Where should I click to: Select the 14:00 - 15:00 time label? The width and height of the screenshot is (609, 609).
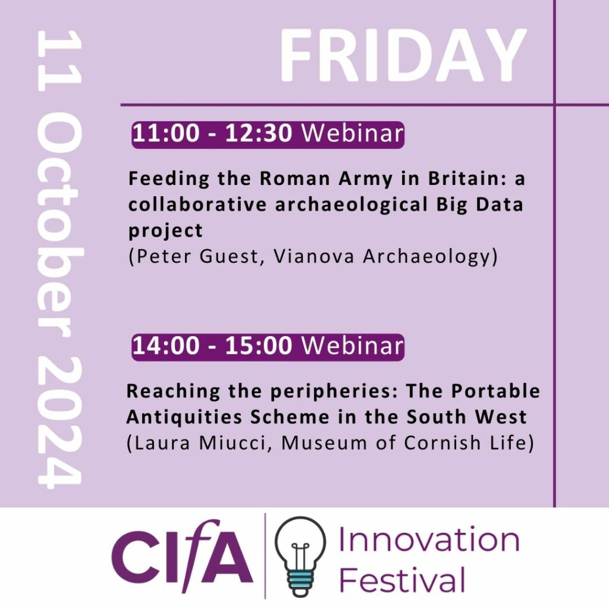(x=212, y=346)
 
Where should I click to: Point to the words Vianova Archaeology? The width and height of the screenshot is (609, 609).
(x=382, y=257)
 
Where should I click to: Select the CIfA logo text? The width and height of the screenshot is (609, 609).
(x=182, y=556)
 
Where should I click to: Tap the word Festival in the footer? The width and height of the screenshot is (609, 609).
(x=402, y=579)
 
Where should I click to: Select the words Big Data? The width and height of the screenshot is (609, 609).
(x=480, y=205)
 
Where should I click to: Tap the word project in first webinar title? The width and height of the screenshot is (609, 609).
(x=165, y=231)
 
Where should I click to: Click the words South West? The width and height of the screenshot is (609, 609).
(x=466, y=417)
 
